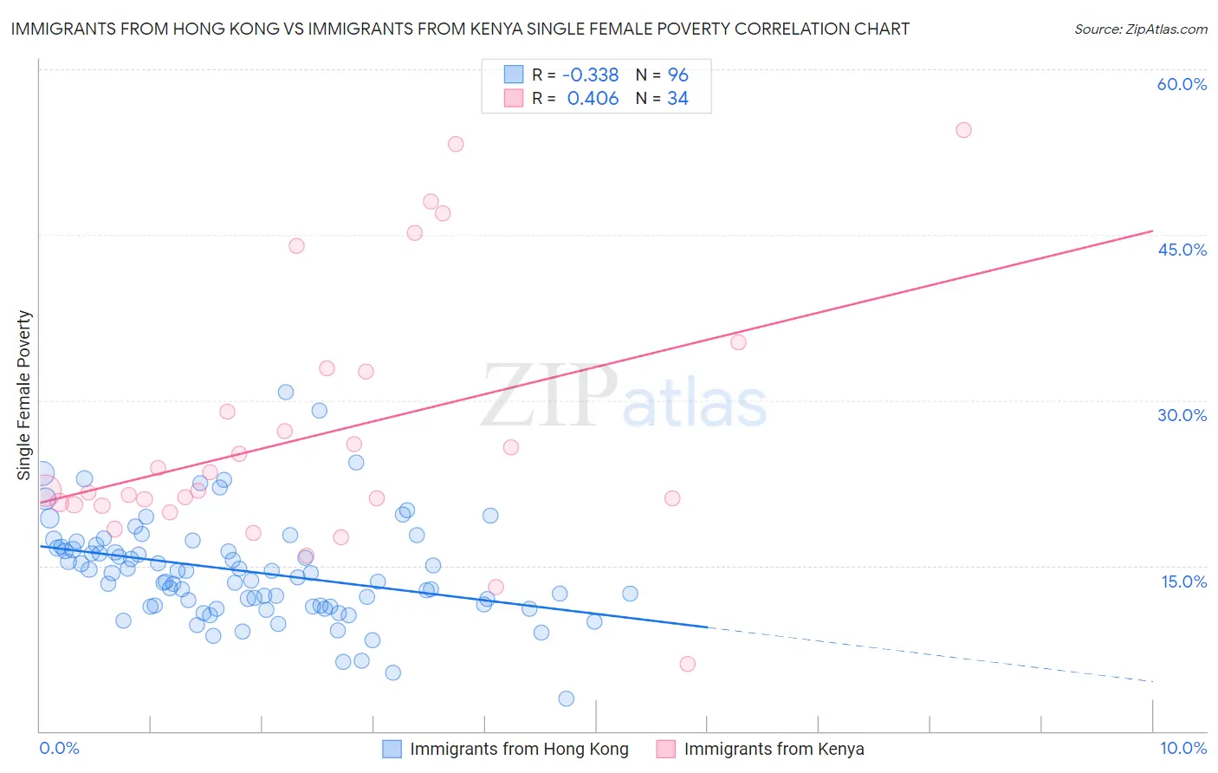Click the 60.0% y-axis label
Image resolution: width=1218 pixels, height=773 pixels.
[1182, 84]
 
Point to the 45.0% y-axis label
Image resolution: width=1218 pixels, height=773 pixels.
[1182, 250]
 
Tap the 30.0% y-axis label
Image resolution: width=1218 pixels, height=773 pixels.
[1182, 415]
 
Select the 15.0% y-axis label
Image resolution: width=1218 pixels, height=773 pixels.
[1183, 581]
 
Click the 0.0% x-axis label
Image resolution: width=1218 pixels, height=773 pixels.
[59, 748]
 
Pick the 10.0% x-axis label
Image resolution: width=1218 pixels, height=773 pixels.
[1182, 748]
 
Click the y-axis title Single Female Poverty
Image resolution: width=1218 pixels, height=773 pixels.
[24, 395]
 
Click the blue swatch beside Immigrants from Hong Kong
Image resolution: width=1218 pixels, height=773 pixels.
[392, 749]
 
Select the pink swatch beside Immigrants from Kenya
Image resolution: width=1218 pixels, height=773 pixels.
[666, 749]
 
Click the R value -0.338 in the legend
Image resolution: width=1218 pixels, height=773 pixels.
[590, 75]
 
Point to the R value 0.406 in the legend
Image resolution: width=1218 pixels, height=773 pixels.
[593, 99]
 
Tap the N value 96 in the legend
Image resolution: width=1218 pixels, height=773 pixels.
[677, 75]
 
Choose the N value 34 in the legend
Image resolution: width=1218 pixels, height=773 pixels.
[677, 99]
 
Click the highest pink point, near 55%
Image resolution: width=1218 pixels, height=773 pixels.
[963, 130]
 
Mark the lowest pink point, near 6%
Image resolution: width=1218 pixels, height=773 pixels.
[688, 664]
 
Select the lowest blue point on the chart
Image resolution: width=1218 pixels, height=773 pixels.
[567, 698]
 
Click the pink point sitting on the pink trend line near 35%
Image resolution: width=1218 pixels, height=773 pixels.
[738, 342]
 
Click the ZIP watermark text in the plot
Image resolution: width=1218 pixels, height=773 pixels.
[549, 397]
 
